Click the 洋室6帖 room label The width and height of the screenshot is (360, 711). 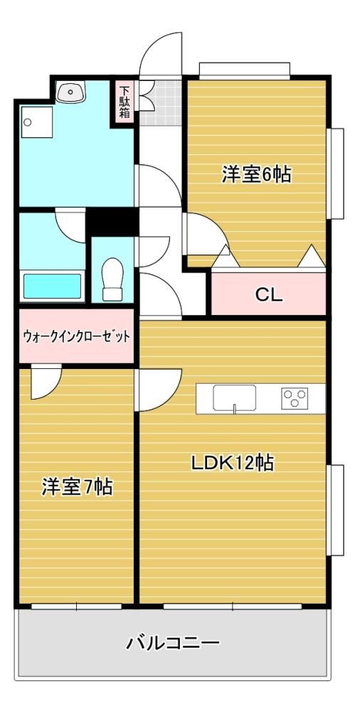click(256, 174)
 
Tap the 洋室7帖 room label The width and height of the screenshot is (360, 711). click(77, 487)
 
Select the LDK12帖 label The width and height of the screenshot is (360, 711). click(232, 463)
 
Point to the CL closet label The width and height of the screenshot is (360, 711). click(269, 295)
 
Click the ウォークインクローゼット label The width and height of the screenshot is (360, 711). click(76, 336)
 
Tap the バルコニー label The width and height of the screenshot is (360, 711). click(172, 643)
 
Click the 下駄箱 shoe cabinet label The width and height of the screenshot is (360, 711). click(125, 102)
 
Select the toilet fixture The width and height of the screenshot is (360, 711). click(112, 279)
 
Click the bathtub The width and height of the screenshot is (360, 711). click(52, 286)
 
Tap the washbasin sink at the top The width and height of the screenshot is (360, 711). click(70, 92)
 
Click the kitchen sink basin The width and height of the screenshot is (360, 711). click(234, 397)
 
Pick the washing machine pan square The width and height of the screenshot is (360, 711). click(36, 122)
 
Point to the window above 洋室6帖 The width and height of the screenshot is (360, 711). click(244, 70)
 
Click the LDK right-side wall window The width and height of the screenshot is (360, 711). click(336, 509)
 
